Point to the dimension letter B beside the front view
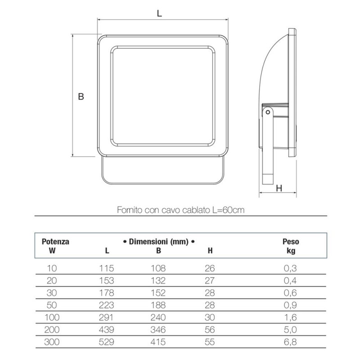81,97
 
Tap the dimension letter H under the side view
279,188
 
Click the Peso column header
291,242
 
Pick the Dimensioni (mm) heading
158,242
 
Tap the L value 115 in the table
107,269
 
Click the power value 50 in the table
52,306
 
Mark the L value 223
107,306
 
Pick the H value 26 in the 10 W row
210,269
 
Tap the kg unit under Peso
291,251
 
